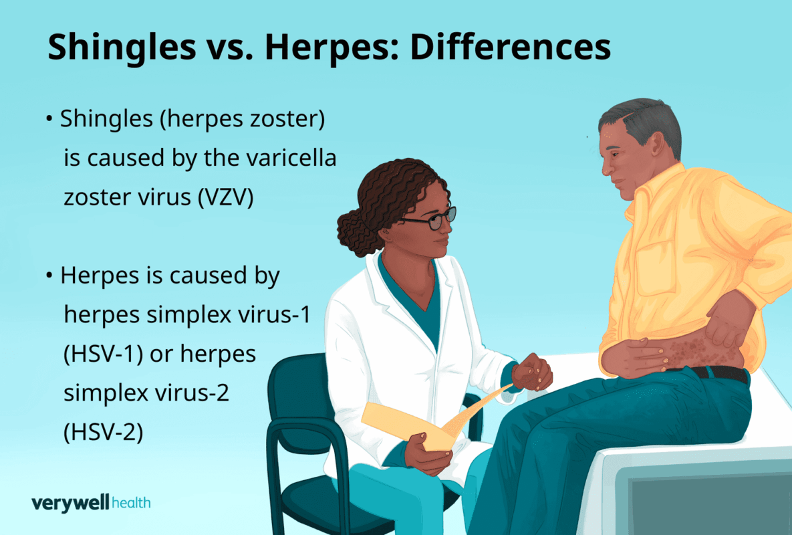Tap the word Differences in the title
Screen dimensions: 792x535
tap(510, 47)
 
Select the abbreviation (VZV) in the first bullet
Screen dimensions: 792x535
tap(225, 197)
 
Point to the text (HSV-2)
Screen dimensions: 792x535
tap(103, 432)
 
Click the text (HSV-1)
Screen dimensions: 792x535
tap(103, 354)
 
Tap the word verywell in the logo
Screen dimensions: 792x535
tap(70, 503)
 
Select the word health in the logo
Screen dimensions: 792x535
tap(131, 502)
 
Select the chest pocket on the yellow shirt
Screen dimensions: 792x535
tap(656, 267)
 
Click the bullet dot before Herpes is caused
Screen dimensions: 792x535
tap(49, 276)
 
